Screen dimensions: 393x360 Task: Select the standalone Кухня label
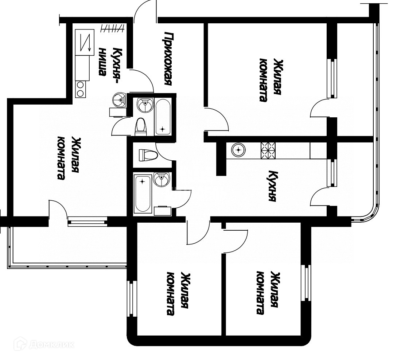[272, 186]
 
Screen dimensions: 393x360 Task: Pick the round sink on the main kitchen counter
[238, 150]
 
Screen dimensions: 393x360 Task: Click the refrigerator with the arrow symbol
[85, 42]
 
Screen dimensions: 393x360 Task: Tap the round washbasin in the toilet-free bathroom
[161, 179]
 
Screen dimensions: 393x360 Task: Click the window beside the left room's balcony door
[87, 221]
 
